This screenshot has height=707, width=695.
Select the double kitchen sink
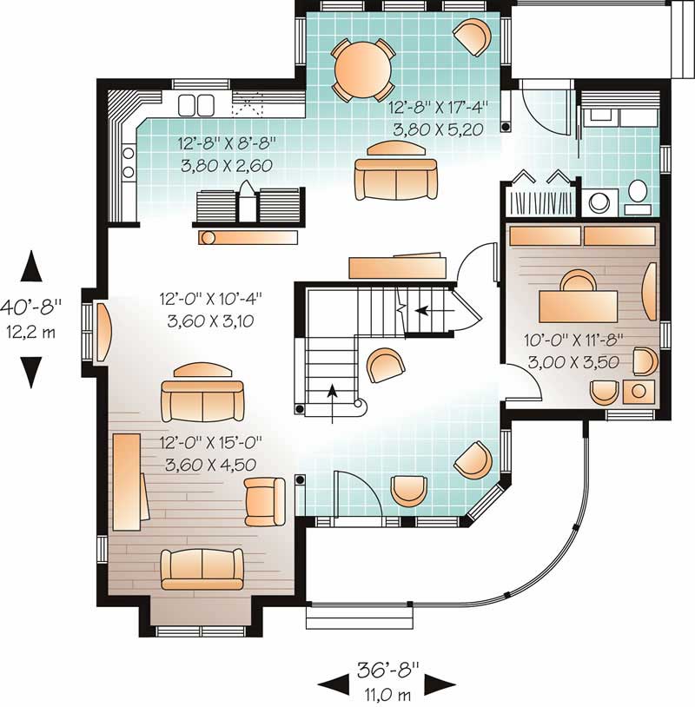pyautogui.click(x=195, y=105)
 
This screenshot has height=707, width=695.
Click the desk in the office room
pyautogui.click(x=579, y=305)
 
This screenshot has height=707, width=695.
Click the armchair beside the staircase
pyautogui.click(x=383, y=365)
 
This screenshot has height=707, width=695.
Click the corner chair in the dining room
pyautogui.click(x=472, y=36)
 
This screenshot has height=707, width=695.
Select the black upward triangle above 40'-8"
pyautogui.click(x=32, y=267)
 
